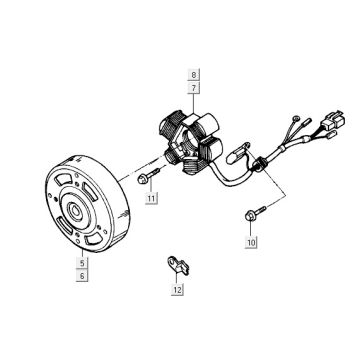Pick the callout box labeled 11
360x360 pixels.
click(151, 200)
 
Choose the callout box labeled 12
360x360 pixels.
click(177, 290)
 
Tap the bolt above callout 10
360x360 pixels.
click(248, 212)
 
